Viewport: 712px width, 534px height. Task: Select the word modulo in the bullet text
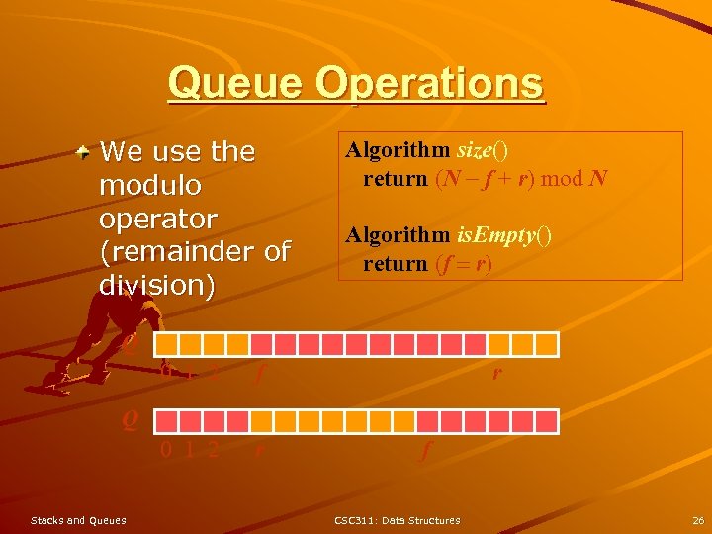[x=150, y=185]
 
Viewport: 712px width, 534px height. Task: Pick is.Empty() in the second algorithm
[x=503, y=236]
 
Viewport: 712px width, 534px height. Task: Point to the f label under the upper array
[x=258, y=374]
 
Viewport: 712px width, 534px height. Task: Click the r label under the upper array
[x=496, y=373]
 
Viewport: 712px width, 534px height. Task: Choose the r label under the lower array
[x=259, y=450]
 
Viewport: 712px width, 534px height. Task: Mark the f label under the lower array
[x=426, y=450]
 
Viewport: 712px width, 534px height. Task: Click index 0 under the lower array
[x=166, y=450]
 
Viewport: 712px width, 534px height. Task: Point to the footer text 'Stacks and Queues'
[x=78, y=520]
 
